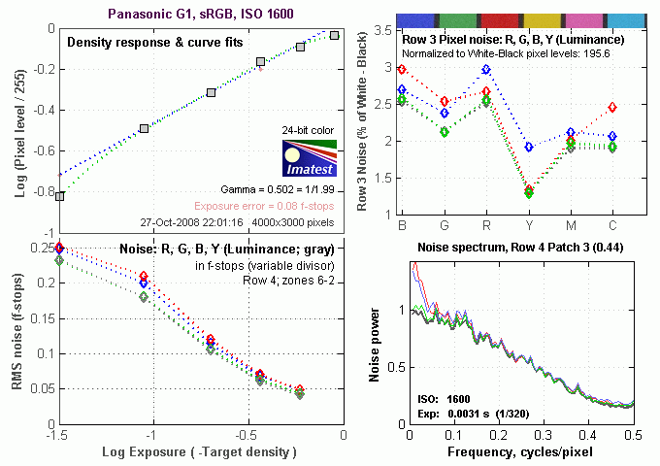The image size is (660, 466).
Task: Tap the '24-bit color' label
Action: [309, 129]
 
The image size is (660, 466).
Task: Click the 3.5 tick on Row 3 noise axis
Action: [385, 32]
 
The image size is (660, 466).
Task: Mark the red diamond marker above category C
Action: [612, 108]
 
